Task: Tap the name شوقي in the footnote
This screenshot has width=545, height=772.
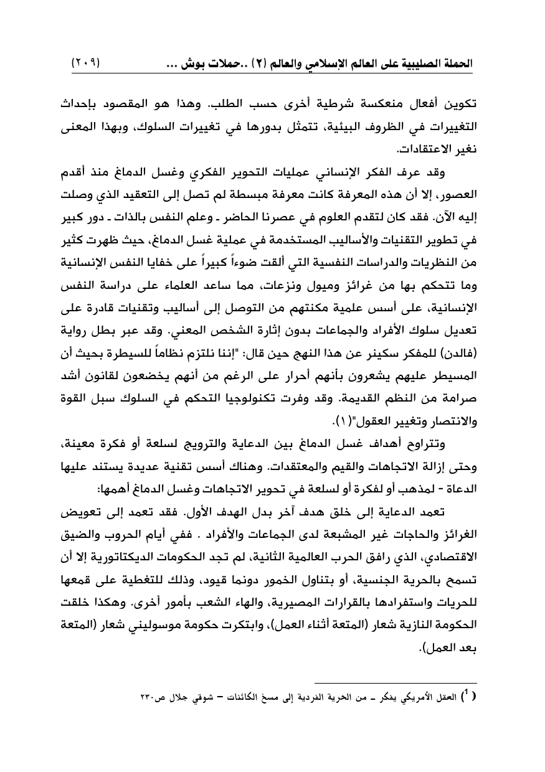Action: pyautogui.click(x=191, y=696)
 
